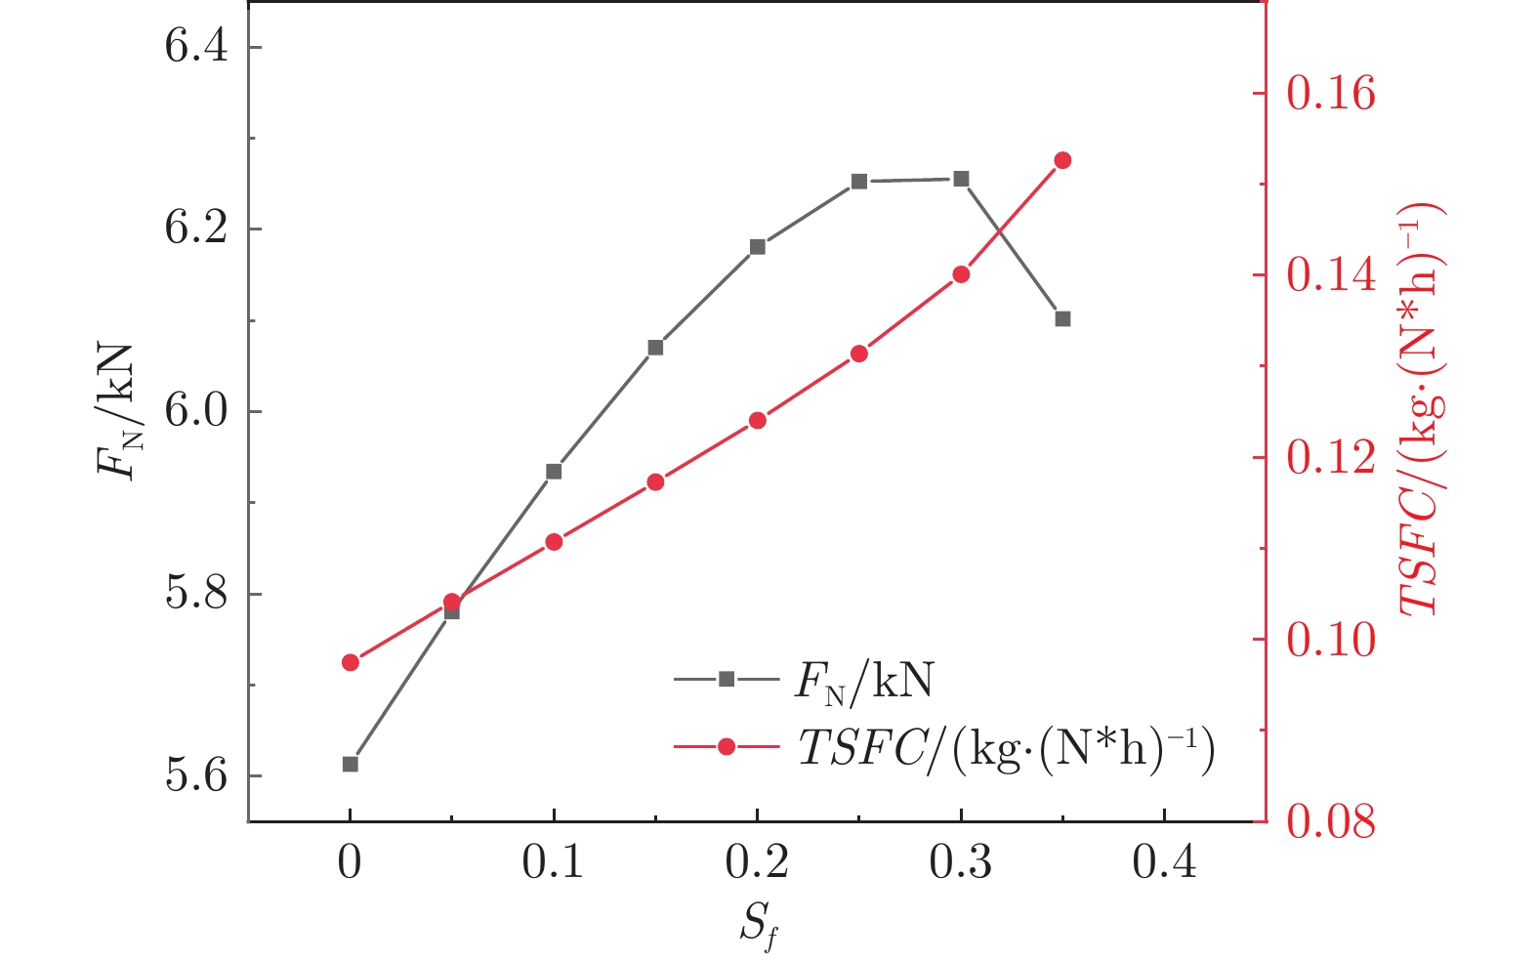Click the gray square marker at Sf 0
351,764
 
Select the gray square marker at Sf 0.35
1062,318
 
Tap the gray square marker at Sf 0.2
758,246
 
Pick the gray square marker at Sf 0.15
655,347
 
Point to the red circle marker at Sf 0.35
1062,160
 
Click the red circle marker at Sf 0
351,662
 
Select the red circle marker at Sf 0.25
858,354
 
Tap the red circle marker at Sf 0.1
554,542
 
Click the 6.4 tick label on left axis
196,47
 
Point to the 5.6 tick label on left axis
196,776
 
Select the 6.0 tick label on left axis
196,412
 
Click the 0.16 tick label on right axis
1330,94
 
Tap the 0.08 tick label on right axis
1330,822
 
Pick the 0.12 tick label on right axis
1330,458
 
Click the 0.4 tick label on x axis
1164,863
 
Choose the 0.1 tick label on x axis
553,863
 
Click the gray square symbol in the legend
726,679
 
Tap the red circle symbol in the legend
726,747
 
